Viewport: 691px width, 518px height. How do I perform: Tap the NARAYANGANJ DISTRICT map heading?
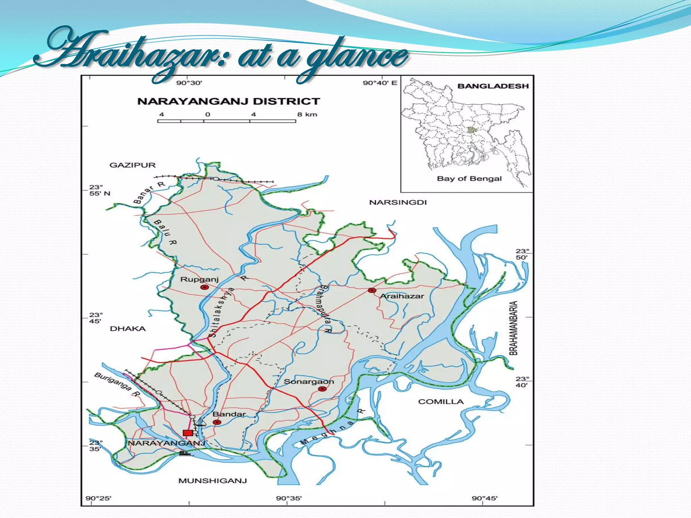tap(228, 102)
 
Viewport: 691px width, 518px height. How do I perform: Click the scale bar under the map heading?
tap(227, 121)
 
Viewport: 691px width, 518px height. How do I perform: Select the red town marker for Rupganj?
tap(204, 287)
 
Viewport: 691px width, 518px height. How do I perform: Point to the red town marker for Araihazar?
tap(372, 290)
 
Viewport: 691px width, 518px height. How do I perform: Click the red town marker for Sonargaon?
tap(323, 389)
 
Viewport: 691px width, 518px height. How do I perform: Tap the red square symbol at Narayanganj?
tap(188, 433)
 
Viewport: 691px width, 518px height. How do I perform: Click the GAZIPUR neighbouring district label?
tap(133, 165)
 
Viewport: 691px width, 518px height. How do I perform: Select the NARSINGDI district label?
tap(398, 202)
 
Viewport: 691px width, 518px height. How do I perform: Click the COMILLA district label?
tap(441, 402)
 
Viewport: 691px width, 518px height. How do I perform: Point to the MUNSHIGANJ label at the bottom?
tap(213, 481)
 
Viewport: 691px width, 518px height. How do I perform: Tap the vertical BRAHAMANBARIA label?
tap(513, 328)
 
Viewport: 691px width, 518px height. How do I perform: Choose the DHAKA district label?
tap(128, 329)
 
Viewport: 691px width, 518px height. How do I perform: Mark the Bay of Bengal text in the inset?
tap(469, 179)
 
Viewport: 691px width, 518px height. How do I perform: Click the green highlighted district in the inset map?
tap(471, 130)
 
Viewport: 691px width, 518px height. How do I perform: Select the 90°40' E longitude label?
tap(380, 83)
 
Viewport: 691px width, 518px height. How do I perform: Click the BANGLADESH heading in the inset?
tap(493, 86)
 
